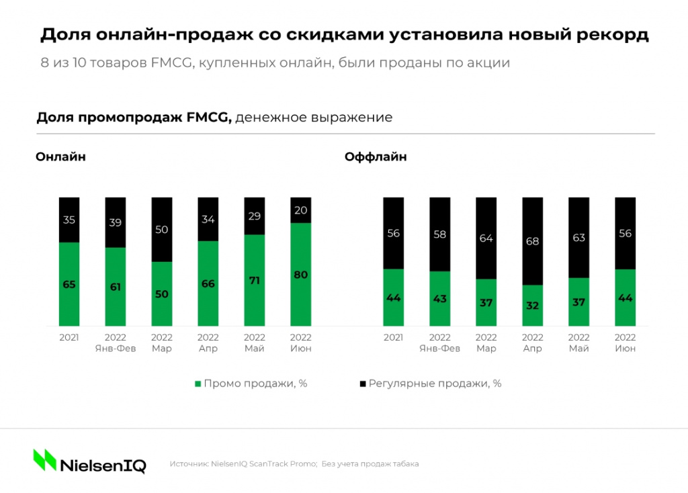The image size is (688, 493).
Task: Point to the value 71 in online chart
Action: tap(254, 280)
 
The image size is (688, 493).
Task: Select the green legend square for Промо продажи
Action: tap(198, 384)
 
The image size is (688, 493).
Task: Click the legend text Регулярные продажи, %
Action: tap(435, 384)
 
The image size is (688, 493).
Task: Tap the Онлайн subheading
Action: tap(60, 157)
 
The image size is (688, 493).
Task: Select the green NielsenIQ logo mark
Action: tap(45, 460)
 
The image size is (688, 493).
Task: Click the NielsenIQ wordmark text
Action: tap(103, 465)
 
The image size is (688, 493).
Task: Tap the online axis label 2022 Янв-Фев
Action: tap(116, 343)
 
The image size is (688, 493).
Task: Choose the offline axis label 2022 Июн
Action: tap(626, 343)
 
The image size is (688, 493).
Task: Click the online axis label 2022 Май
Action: tap(254, 343)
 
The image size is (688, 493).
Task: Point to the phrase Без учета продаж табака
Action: tap(370, 464)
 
